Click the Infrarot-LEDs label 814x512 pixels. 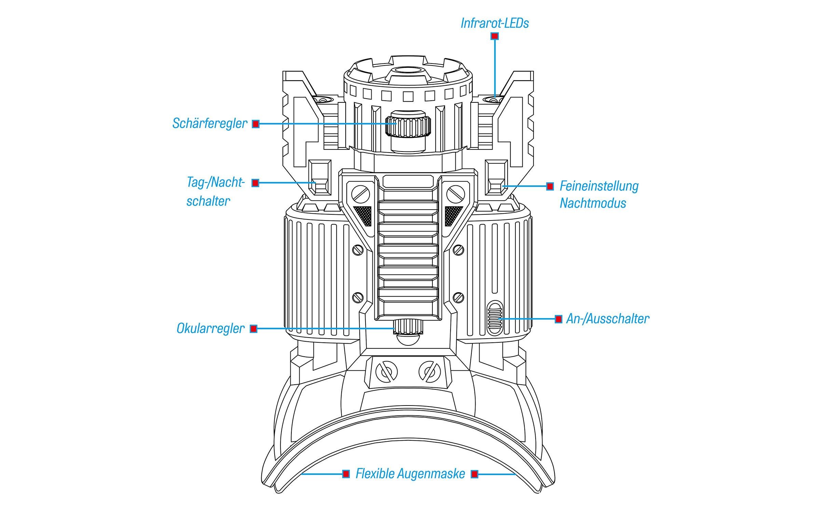494,23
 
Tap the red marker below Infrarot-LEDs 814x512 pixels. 494,36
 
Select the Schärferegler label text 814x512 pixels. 209,124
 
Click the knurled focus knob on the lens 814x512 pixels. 408,126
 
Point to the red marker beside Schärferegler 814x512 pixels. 256,124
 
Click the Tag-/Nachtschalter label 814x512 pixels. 215,191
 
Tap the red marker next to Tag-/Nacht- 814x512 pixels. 255,183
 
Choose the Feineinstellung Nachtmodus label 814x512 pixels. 599,195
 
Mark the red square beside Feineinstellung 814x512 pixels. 550,186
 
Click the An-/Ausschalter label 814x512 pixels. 608,319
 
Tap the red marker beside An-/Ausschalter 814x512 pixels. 558,319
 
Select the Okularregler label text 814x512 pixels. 210,328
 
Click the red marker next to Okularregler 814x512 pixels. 253,329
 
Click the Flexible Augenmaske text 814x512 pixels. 410,474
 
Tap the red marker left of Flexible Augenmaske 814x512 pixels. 346,474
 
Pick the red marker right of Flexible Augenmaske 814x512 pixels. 474,474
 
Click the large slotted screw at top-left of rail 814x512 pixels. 360,194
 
